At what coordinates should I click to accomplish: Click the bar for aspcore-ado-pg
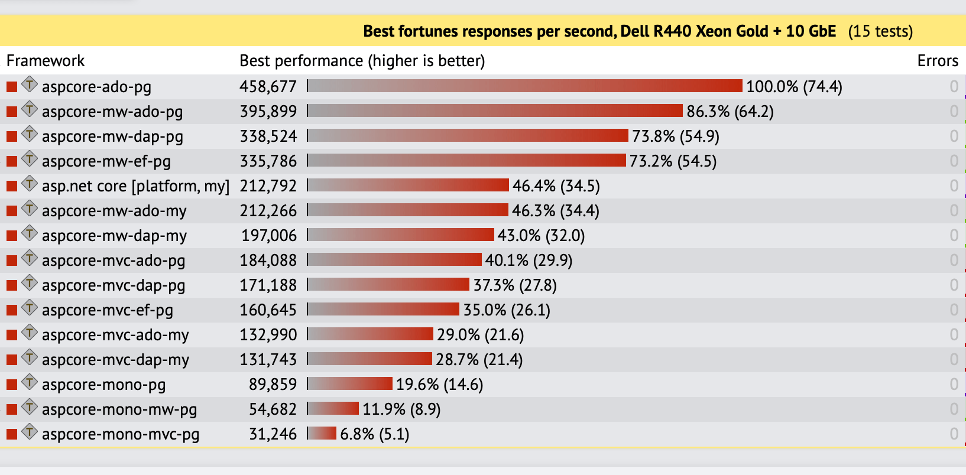tap(524, 86)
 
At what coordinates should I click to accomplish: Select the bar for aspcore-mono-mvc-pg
tap(322, 434)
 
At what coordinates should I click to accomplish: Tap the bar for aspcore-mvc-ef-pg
tap(383, 310)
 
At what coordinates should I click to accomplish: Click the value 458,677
tap(268, 87)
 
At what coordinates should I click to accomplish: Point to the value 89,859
tap(273, 385)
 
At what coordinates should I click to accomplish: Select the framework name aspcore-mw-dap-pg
tap(112, 136)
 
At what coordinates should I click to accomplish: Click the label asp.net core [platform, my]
tap(135, 186)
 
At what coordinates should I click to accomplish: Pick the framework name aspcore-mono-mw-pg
tap(119, 409)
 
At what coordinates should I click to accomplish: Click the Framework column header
tap(46, 61)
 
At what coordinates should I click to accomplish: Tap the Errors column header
tap(938, 61)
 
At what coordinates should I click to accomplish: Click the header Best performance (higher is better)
tap(362, 61)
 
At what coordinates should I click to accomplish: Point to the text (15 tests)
tap(880, 31)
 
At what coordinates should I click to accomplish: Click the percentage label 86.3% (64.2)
tap(730, 112)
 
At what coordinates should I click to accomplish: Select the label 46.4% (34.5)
tap(556, 186)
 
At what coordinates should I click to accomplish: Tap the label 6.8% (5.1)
tap(375, 434)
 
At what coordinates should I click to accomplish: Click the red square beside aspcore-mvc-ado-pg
tap(12, 261)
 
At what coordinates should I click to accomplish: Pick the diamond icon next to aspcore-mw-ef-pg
tap(30, 159)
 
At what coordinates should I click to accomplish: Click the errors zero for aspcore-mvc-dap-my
tap(954, 360)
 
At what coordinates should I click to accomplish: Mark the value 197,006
tap(269, 236)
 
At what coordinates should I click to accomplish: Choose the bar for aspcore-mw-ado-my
tap(407, 210)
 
